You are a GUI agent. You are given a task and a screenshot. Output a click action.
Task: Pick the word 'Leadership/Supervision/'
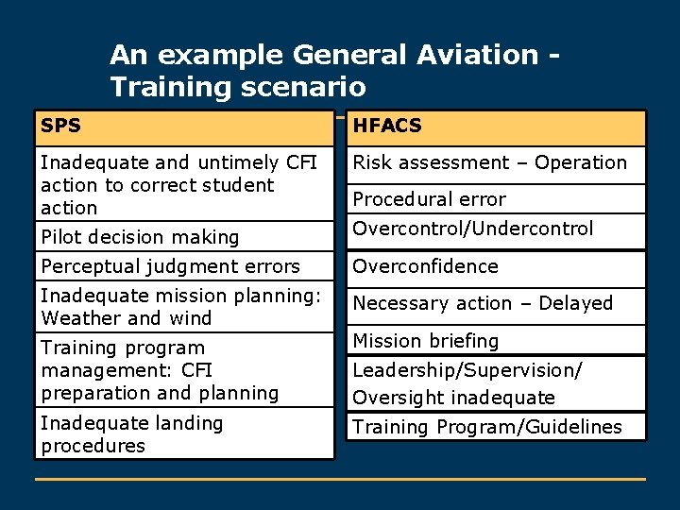(467, 370)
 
